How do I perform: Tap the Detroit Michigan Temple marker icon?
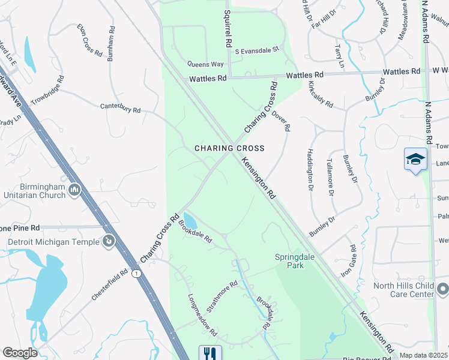pyautogui.click(x=109, y=242)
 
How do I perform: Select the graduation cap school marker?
pyautogui.click(x=415, y=160)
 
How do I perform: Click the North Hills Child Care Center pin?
pyautogui.click(x=442, y=290)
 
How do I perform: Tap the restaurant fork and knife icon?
pyautogui.click(x=210, y=353)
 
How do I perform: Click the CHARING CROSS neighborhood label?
pyautogui.click(x=229, y=148)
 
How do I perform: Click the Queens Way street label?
pyautogui.click(x=205, y=64)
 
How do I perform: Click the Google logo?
pyautogui.click(x=19, y=353)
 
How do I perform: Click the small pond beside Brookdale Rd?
pyautogui.click(x=189, y=221)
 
